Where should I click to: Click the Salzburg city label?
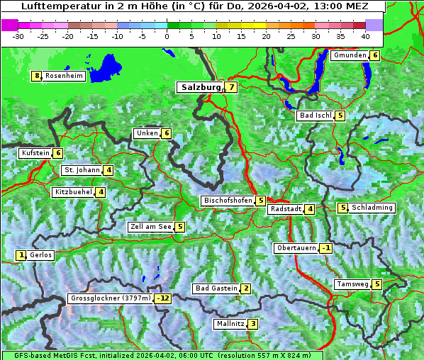point(201,87)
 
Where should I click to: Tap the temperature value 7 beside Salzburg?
point(232,87)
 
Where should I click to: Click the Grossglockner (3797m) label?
point(111,298)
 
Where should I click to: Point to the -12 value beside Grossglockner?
point(164,298)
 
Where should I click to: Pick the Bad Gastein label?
point(216,288)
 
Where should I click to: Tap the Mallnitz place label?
point(230,324)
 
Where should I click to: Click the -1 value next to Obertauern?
point(325,248)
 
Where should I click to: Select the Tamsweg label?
point(352,284)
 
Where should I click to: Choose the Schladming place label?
point(372,208)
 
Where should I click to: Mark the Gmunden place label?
point(350,55)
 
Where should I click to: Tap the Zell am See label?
point(151,227)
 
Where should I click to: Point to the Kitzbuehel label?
point(73,192)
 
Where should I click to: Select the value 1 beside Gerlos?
point(21,255)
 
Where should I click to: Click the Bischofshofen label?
point(228,201)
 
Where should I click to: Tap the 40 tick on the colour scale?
point(365,35)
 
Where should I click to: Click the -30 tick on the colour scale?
point(18,35)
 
